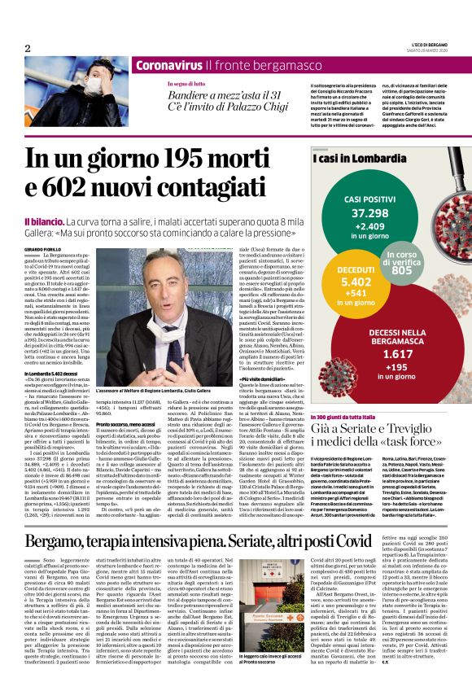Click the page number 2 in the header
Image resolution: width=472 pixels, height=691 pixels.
click(x=28, y=49)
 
